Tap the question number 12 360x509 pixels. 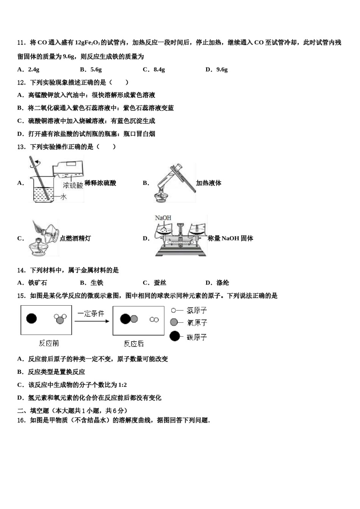point(21,82)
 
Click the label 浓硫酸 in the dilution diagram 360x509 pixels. point(73,185)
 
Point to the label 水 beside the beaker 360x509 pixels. point(63,197)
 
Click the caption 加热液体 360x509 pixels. point(208,183)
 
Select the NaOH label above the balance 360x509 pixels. point(163,218)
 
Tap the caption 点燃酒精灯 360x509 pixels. point(75,238)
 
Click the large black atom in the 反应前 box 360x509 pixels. point(31,318)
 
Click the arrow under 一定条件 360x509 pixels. point(92,322)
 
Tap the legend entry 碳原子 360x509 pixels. point(197,337)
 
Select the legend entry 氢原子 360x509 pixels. point(197,310)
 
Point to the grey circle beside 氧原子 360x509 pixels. point(174,322)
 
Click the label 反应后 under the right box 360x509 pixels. point(134,343)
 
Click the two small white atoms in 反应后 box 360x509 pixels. point(154,319)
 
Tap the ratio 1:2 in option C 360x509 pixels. point(122,385)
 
